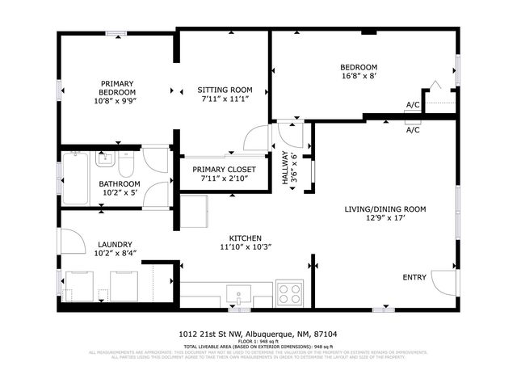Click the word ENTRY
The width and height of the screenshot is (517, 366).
[414, 278]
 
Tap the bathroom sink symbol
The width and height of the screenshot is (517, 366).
[106, 160]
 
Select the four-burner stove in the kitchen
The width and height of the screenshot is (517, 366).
[289, 292]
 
